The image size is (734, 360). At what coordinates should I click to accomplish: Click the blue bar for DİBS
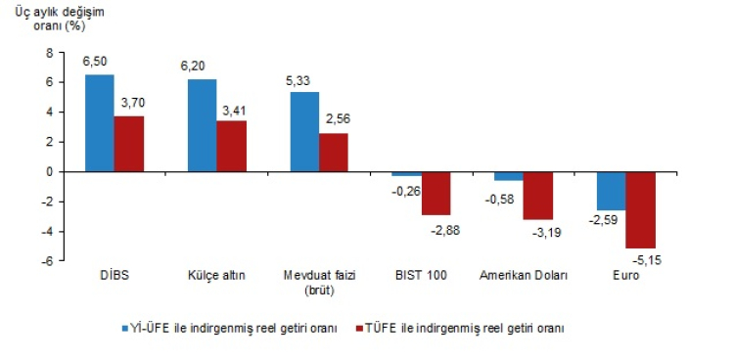[99, 123]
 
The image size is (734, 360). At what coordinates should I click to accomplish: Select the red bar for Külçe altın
[231, 146]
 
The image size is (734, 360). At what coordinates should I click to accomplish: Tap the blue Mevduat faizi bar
[304, 132]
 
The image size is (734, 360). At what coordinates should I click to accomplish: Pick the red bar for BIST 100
[436, 194]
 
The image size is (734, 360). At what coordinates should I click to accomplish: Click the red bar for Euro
[640, 210]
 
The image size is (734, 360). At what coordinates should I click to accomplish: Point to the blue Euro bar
[612, 191]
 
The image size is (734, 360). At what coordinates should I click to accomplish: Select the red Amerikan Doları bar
[538, 196]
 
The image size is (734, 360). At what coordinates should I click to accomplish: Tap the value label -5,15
[647, 259]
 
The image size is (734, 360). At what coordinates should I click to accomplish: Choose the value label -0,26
[406, 191]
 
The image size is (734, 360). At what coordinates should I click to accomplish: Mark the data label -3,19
[547, 233]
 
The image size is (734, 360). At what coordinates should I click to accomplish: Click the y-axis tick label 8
[50, 53]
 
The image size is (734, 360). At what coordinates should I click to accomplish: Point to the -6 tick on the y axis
[48, 261]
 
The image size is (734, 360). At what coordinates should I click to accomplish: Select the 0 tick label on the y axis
[50, 172]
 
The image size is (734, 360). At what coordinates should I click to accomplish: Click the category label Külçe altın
[216, 275]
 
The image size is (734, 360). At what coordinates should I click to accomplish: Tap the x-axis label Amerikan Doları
[524, 275]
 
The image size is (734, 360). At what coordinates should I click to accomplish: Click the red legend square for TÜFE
[359, 328]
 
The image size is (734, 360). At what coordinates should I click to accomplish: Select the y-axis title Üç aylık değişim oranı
[60, 19]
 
